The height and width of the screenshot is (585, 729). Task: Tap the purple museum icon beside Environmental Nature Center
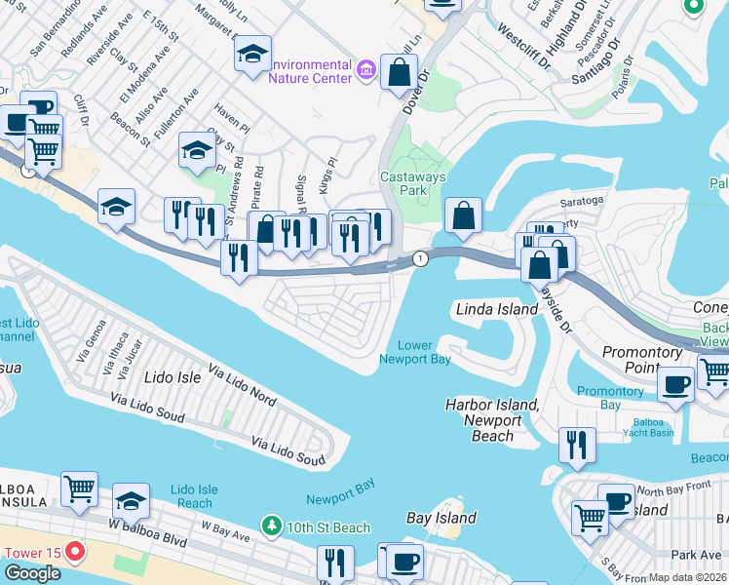(366, 68)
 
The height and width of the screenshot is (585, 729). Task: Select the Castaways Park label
(412, 183)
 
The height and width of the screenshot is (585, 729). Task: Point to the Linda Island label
(497, 309)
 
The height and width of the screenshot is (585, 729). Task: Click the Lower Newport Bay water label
(414, 352)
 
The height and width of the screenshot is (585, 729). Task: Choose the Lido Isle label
(173, 376)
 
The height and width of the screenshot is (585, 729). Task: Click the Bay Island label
(441, 518)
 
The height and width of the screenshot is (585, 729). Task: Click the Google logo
(32, 573)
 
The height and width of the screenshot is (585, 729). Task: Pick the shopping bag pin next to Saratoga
(464, 214)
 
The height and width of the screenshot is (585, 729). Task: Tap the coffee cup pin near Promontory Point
(675, 382)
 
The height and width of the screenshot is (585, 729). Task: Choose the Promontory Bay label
(610, 397)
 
